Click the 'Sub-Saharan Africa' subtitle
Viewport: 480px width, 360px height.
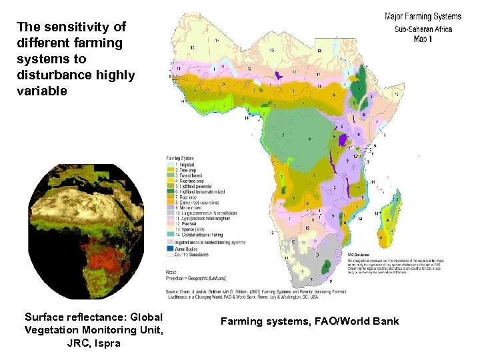pos(423,29)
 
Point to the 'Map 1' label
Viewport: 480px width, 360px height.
pos(423,39)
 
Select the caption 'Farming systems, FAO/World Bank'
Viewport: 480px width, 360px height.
pos(309,321)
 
